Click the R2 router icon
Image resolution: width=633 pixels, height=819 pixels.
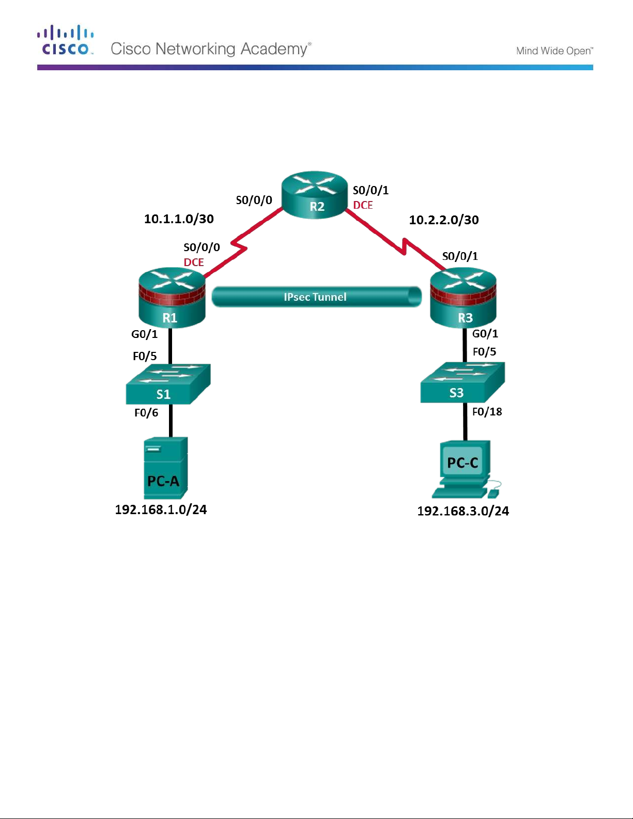(315, 195)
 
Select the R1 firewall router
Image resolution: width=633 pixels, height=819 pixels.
(172, 298)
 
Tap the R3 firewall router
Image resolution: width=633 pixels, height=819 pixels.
(463, 298)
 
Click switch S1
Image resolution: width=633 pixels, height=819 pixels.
(168, 384)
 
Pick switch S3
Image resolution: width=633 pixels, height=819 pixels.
(462, 383)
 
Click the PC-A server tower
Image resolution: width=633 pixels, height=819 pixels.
(165, 468)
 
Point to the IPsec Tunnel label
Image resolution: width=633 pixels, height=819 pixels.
(315, 297)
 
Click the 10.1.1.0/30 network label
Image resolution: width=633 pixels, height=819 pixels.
(179, 219)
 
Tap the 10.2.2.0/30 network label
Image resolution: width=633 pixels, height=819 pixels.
(444, 220)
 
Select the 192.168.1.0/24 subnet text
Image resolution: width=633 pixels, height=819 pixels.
(161, 510)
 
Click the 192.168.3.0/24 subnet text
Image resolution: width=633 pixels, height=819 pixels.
(463, 512)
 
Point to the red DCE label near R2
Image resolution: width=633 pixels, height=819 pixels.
(363, 206)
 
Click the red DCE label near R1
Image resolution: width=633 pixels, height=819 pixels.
(194, 262)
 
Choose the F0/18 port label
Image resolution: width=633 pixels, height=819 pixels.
(487, 412)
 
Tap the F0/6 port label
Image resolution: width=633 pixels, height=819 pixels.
(146, 413)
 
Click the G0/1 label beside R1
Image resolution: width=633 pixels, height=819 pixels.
(144, 334)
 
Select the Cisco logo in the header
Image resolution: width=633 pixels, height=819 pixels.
(65, 40)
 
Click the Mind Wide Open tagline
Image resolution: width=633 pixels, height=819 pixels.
(554, 51)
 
